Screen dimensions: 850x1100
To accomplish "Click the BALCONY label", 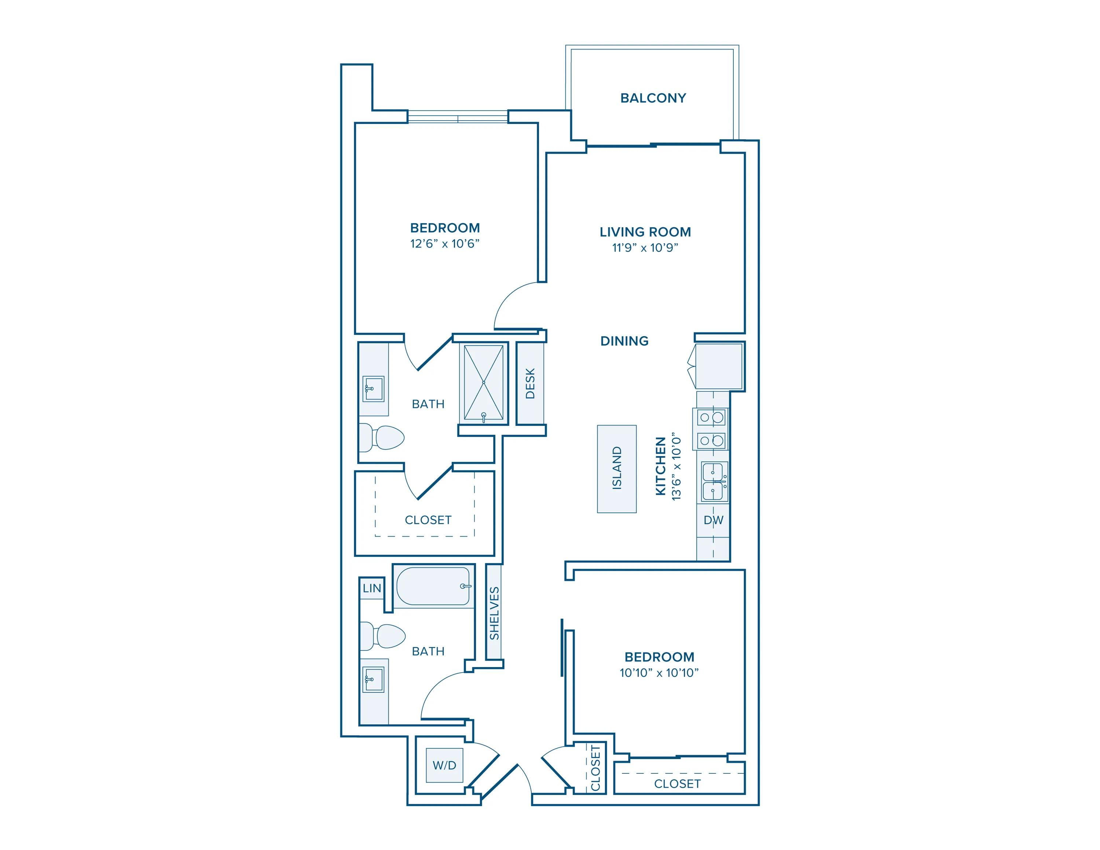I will point(653,98).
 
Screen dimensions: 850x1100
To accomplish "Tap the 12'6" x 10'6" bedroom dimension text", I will point(444,244).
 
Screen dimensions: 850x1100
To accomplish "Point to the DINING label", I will point(624,341).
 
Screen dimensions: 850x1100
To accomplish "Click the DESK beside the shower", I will point(530,383).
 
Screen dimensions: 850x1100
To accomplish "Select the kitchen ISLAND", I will point(616,468).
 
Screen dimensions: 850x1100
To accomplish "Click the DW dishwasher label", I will point(713,520).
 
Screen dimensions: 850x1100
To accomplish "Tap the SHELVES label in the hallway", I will point(494,613).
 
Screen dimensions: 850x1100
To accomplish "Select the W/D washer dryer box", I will point(444,765).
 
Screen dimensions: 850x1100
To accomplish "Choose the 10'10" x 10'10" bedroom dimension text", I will point(659,673).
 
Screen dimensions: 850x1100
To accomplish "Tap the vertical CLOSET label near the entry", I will point(595,768).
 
